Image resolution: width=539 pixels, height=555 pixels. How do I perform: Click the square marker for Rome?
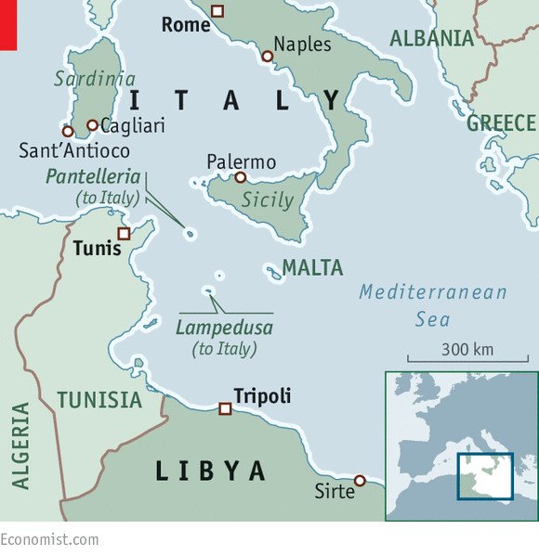click(x=217, y=11)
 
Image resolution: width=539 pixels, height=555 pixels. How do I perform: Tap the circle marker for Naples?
click(x=267, y=57)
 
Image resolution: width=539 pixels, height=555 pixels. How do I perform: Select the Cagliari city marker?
click(x=92, y=125)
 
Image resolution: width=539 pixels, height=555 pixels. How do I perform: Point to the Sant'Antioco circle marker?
click(x=68, y=131)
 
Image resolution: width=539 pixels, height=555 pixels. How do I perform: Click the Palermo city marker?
click(x=240, y=177)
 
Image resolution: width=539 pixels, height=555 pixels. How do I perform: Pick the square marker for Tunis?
click(x=124, y=233)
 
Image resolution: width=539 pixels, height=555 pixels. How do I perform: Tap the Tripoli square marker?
click(x=224, y=408)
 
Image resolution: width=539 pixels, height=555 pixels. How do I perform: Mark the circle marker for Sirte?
click(x=360, y=480)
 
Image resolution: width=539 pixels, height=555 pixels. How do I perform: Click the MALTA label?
click(x=312, y=268)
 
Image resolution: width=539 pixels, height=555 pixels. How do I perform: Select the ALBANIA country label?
click(x=432, y=38)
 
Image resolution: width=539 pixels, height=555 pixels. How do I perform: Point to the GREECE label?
click(x=501, y=123)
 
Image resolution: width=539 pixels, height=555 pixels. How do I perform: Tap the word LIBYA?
click(x=210, y=471)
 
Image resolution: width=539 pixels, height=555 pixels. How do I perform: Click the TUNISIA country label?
click(x=99, y=400)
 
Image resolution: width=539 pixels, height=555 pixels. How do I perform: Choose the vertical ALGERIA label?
click(x=20, y=445)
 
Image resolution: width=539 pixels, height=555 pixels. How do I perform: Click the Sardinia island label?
click(x=96, y=79)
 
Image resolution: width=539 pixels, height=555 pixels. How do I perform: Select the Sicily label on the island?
click(x=268, y=200)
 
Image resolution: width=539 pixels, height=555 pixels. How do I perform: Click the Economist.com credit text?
click(x=49, y=539)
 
